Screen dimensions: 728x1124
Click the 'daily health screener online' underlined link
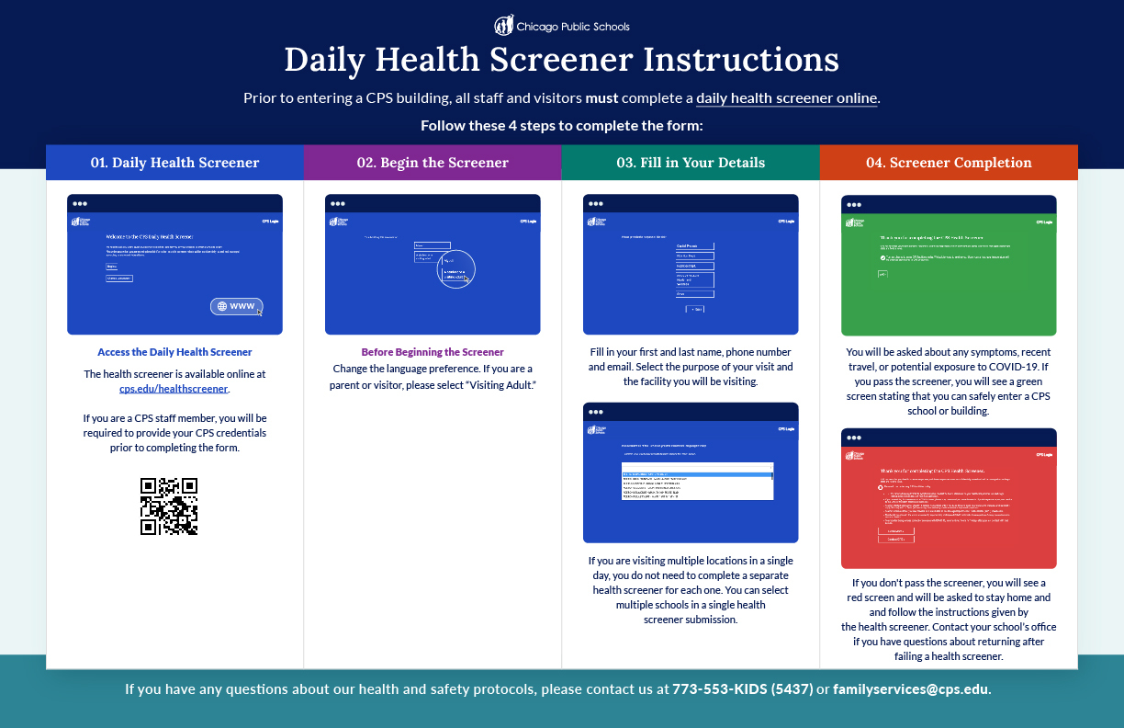787,98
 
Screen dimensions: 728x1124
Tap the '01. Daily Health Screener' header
174,163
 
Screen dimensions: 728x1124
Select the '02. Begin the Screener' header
433,163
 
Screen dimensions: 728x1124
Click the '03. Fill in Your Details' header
691,163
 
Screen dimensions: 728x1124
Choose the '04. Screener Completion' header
949,163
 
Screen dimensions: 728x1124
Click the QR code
169,506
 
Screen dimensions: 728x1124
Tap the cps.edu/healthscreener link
174,389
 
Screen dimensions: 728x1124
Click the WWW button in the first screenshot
236,306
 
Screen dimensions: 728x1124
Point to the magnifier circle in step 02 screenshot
455,268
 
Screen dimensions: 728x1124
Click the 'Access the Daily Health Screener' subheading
174,352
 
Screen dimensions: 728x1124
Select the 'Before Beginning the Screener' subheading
433,352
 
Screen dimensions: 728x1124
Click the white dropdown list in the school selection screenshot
697,480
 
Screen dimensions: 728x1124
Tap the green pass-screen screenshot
949,266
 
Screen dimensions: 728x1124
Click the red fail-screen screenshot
949,499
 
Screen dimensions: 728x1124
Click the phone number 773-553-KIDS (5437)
742,689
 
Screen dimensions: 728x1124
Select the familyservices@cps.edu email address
911,689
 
